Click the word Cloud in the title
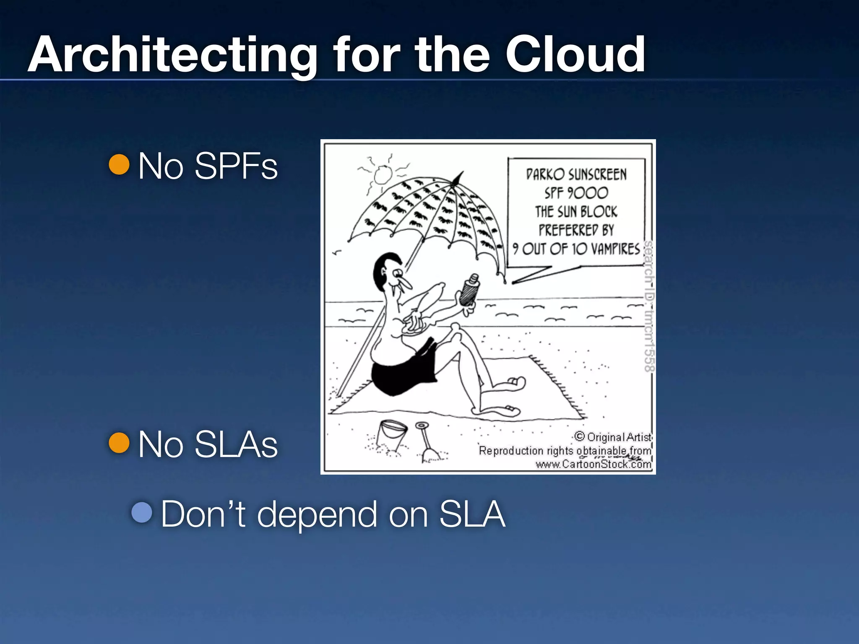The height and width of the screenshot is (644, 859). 575,55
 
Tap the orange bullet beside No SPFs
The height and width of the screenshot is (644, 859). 119,164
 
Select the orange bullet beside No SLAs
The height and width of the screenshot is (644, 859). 119,443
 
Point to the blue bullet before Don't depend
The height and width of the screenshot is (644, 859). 142,512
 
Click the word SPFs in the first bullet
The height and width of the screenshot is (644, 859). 236,166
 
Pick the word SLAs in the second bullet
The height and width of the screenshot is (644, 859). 236,444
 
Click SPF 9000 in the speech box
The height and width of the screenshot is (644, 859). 576,193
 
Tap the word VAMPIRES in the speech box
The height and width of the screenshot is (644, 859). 615,249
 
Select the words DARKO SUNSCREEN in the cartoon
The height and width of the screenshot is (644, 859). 576,174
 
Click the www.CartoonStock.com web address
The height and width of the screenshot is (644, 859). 593,464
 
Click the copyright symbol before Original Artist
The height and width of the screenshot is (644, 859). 580,436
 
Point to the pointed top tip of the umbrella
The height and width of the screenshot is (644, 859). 461,173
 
